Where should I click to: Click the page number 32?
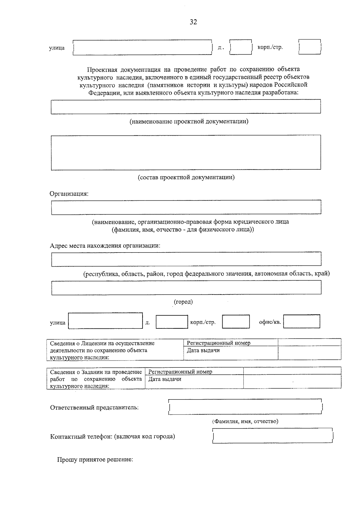pyautogui.click(x=193, y=22)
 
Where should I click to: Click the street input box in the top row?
pyautogui.click(x=142, y=48)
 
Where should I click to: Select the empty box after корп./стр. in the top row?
pyautogui.click(x=310, y=47)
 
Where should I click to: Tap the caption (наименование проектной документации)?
pyautogui.click(x=189, y=121)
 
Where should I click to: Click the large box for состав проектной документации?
pyautogui.click(x=186, y=152)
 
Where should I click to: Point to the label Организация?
pyautogui.click(x=69, y=194)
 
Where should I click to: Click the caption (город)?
pyautogui.click(x=183, y=302)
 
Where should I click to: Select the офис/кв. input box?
pyautogui.click(x=301, y=322)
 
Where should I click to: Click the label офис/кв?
pyautogui.click(x=270, y=322)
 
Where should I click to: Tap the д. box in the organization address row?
pyautogui.click(x=172, y=322)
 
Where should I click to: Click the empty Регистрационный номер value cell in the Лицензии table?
pyautogui.click(x=309, y=343)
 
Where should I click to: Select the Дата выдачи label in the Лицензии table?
pyautogui.click(x=203, y=350)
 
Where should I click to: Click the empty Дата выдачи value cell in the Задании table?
pyautogui.click(x=292, y=381)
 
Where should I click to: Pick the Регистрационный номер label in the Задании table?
pyautogui.click(x=180, y=372)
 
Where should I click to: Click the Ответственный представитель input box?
pyautogui.click(x=245, y=407)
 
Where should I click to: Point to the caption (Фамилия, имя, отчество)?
pyautogui.click(x=245, y=421)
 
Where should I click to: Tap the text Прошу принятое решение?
pyautogui.click(x=95, y=460)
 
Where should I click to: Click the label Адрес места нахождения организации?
pyautogui.click(x=105, y=246)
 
